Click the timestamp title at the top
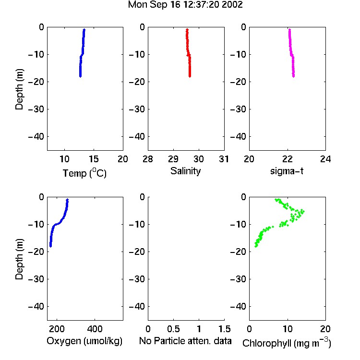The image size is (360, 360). tap(185, 5)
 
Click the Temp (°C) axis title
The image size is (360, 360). tap(84, 173)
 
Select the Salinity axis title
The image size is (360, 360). tap(185, 171)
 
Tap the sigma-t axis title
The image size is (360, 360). tap(287, 171)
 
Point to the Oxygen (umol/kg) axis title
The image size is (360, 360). tap(84, 341)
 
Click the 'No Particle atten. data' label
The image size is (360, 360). tap(185, 341)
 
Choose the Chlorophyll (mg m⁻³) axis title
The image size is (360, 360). tap(287, 343)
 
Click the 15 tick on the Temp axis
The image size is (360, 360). tap(94, 159)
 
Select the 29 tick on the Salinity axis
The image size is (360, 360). tap(173, 159)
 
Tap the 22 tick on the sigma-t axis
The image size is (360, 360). tap(288, 159)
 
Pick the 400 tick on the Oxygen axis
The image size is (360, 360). tap(95, 329)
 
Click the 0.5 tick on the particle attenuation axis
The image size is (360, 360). tap(173, 329)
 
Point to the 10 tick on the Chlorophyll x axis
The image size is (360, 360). tap(288, 329)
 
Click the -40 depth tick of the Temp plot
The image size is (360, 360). tap(36, 137)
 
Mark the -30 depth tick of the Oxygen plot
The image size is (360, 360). tap(36, 279)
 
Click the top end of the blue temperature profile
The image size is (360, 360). tap(84, 29)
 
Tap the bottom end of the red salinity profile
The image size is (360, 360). tap(190, 76)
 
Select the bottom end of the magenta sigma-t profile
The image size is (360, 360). tap(293, 76)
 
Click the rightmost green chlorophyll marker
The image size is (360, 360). tap(303, 211)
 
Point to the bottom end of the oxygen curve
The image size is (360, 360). tap(50, 246)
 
